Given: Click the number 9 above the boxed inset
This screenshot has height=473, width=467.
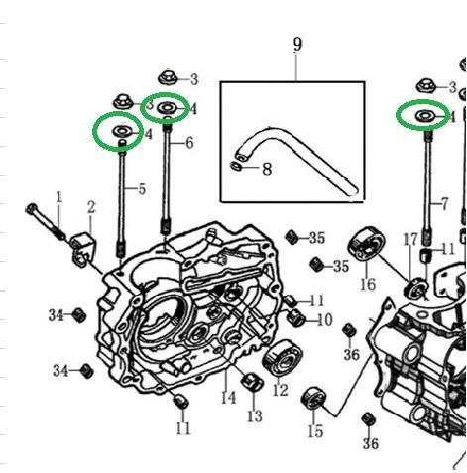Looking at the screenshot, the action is [297, 45].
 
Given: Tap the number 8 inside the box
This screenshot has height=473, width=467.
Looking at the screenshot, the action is [267, 169].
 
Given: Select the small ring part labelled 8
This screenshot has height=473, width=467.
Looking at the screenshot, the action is [236, 166].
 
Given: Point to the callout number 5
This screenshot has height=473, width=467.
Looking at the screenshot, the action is [142, 189].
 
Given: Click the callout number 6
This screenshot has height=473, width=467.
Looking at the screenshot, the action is [189, 143].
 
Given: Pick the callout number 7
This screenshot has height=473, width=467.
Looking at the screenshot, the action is [445, 204].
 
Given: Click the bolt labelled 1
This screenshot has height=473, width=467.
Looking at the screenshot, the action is [47, 223].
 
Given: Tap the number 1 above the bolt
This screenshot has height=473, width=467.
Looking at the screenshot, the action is [58, 197].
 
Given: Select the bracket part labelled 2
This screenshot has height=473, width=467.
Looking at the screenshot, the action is [83, 250].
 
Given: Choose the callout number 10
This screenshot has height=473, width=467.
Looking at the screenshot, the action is [324, 320].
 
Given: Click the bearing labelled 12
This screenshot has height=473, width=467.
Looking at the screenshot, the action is [283, 358].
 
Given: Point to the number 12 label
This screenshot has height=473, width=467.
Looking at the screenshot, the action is [281, 390].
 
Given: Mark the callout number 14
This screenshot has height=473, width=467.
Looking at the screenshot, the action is [229, 398].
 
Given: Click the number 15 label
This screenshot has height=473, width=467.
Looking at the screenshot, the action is [315, 431].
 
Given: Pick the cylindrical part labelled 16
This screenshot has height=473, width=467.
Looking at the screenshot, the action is [366, 245].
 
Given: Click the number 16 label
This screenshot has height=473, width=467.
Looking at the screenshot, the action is [368, 284].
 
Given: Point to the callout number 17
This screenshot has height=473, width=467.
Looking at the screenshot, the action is [410, 240].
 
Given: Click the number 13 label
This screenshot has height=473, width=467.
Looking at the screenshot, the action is [255, 416].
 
